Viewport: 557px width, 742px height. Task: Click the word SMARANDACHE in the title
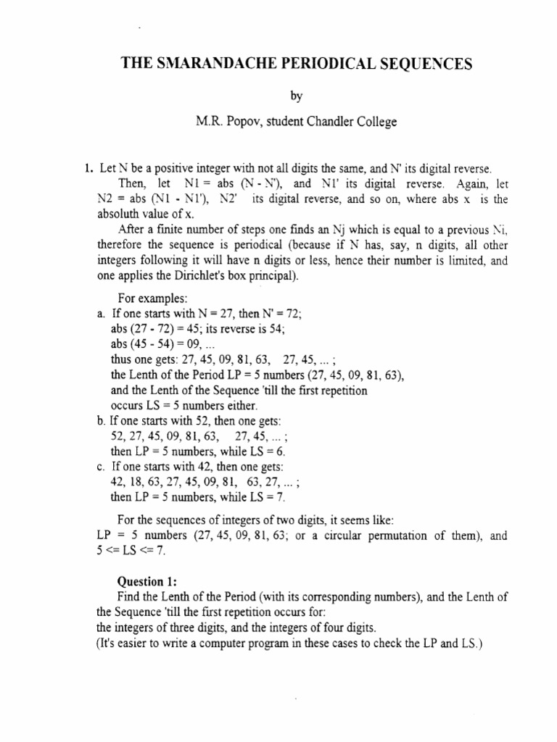pyautogui.click(x=205, y=65)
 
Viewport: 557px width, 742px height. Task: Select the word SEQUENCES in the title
pyautogui.click(x=424, y=65)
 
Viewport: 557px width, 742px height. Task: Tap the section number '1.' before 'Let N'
pyautogui.click(x=90, y=169)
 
